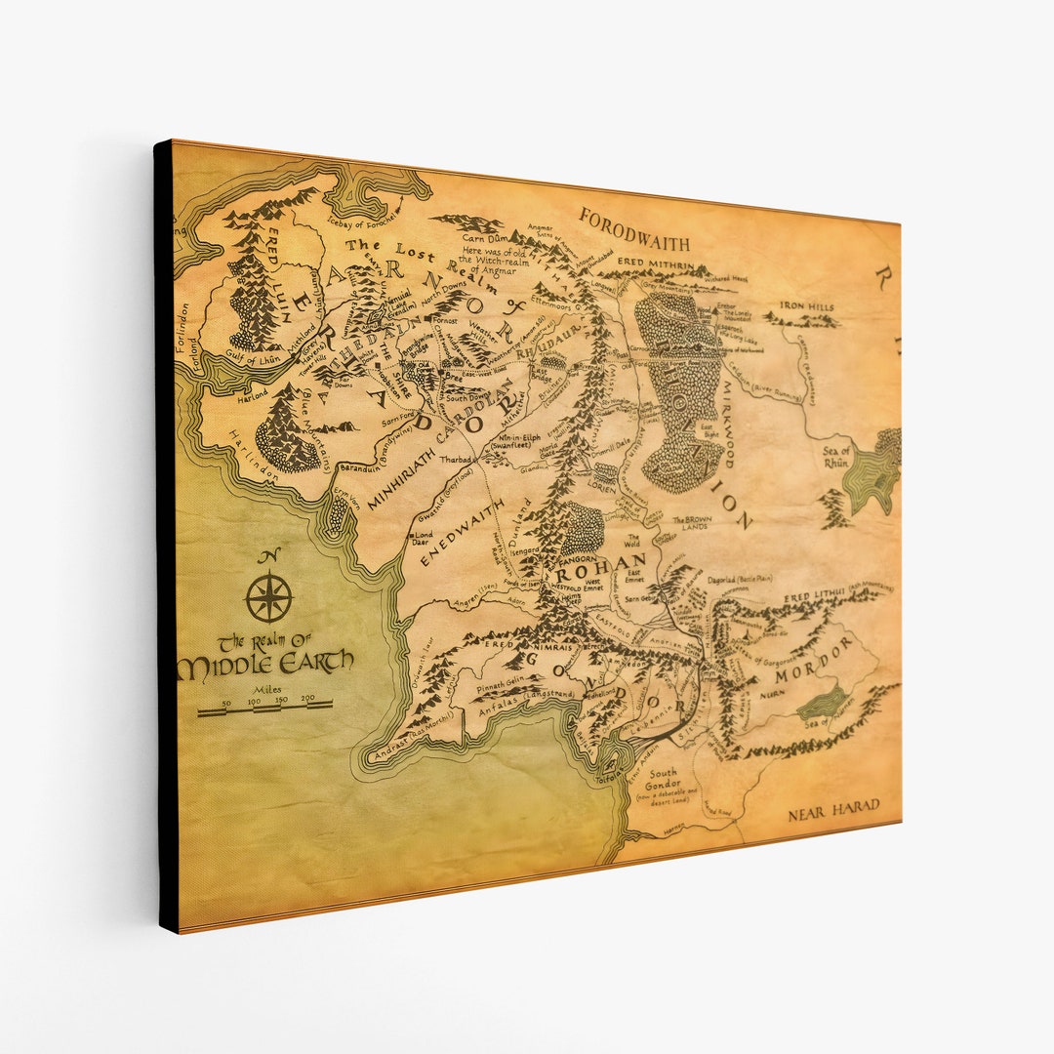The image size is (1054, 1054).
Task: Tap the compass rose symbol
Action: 268,597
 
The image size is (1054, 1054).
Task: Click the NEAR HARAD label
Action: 833,807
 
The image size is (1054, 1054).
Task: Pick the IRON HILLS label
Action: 807,307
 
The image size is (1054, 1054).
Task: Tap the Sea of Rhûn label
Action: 837,455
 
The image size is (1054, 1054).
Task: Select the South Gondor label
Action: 665,778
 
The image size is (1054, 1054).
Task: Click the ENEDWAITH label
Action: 461,532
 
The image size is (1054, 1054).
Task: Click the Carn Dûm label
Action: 487,237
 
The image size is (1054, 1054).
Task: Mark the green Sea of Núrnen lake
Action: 823,702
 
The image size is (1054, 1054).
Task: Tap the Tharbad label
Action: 456,459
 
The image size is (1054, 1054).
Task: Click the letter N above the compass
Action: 268,557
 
